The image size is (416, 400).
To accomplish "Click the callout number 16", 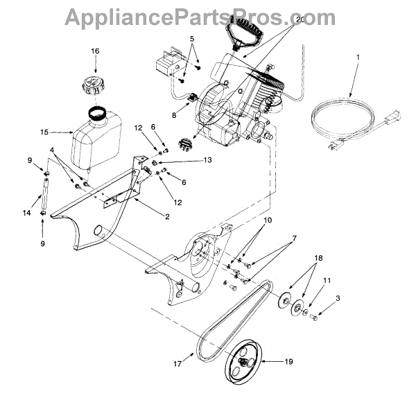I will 95,51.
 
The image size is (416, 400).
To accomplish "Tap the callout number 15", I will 45,131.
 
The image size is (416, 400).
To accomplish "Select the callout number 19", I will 289,361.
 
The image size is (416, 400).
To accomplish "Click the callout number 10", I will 267,220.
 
